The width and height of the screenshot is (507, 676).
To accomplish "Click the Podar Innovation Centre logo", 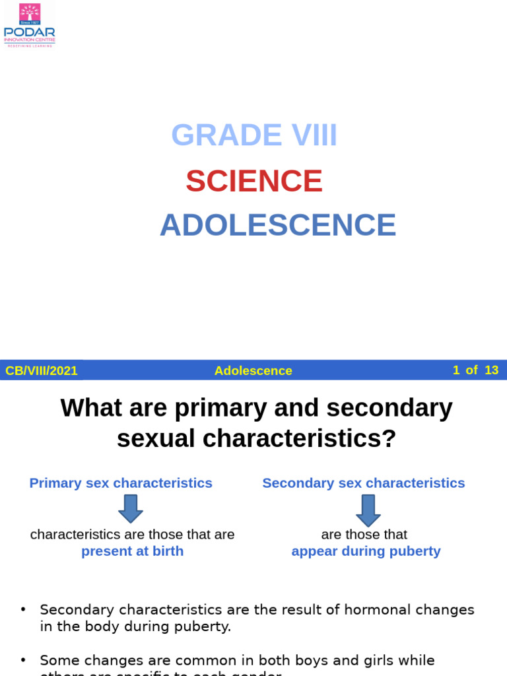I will click(29, 25).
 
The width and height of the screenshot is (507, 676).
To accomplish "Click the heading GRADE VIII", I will click(254, 135).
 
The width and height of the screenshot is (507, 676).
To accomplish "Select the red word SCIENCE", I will click(254, 181).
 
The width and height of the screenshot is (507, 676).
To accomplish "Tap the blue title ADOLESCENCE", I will click(278, 225).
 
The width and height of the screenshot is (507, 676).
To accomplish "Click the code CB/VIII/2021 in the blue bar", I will click(42, 371).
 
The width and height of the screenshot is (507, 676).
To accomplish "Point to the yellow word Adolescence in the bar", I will click(253, 371).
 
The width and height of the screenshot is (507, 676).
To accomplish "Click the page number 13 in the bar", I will click(491, 370).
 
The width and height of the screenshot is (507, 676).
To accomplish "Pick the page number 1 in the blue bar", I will click(456, 370).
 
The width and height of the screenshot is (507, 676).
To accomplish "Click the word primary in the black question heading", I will click(217, 408).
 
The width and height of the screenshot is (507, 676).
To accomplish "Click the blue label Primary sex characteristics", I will click(121, 483).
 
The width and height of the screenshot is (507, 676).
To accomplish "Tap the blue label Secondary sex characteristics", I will click(364, 483).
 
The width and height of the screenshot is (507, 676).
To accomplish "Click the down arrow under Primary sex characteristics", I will click(131, 509).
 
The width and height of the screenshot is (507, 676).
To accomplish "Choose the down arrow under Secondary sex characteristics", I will click(368, 510).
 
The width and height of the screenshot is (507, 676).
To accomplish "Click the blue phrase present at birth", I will click(132, 551).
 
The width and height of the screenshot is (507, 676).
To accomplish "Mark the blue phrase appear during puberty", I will click(366, 551).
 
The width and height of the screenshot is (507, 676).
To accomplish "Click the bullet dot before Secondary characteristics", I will click(24, 609).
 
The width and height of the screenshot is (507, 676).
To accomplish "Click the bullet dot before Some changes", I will click(24, 660).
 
